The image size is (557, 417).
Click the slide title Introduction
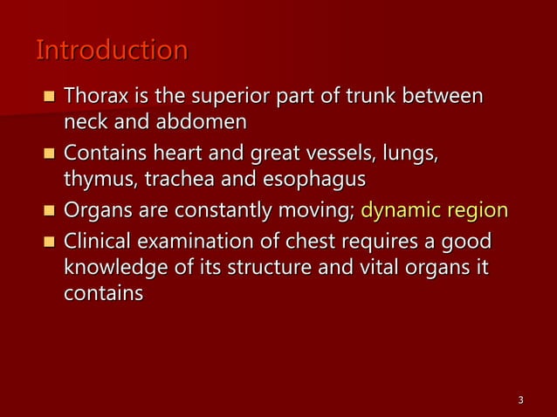click(x=111, y=51)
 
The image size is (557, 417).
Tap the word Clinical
click(x=100, y=241)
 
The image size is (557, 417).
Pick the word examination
click(x=202, y=241)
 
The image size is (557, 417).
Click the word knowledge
click(x=113, y=267)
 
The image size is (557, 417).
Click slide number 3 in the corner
click(x=520, y=400)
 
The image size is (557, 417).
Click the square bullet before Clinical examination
click(x=49, y=242)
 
